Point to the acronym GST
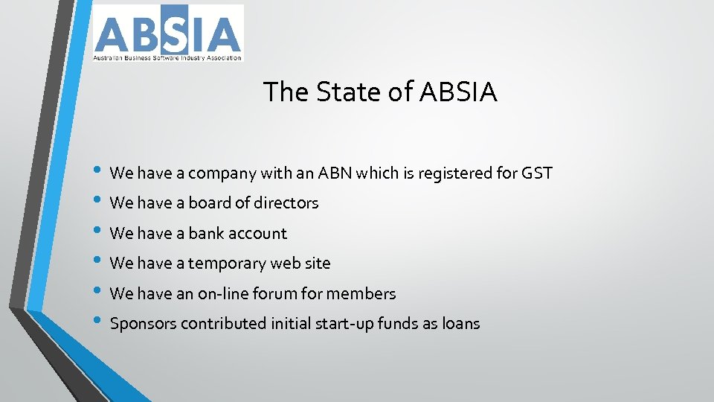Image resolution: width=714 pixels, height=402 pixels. (536, 173)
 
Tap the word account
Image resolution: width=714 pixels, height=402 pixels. (257, 233)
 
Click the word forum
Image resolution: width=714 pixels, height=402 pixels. (274, 293)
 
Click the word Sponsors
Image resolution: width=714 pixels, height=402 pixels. (143, 324)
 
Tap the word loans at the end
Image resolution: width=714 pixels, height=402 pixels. (460, 324)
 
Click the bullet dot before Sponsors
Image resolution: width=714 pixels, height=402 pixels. (98, 322)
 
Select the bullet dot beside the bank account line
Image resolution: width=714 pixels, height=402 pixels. (98, 232)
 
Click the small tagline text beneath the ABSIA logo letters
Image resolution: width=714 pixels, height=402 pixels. (167, 57)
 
